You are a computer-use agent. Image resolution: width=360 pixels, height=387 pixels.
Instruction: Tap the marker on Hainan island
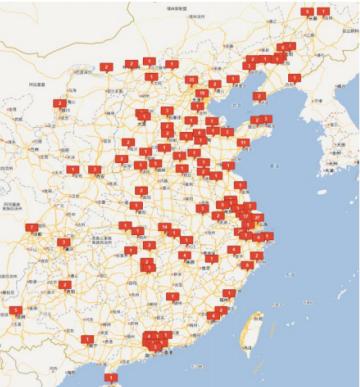[x=111, y=379]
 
